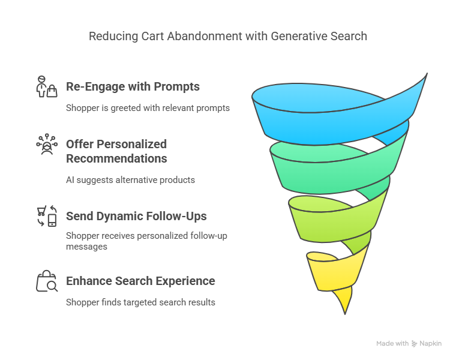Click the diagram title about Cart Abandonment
tap(228, 36)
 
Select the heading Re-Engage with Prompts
tap(133, 87)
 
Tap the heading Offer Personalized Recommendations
tap(116, 151)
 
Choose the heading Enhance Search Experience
tap(140, 281)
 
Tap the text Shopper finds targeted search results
tap(140, 302)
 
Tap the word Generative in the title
tap(294, 36)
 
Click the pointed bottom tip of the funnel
tap(344, 310)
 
